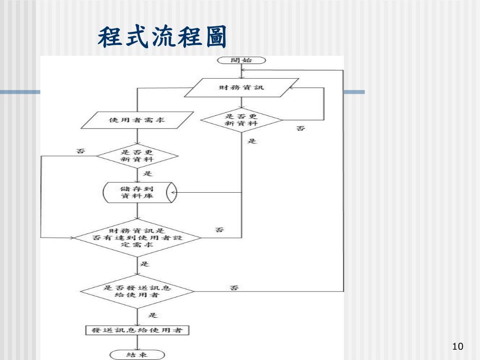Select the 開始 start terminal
[241, 60]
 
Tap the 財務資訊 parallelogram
[241, 88]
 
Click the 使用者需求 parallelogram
[137, 120]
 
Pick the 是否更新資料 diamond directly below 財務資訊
[241, 120]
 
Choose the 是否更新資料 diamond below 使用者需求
[137, 156]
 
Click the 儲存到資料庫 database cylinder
[139, 192]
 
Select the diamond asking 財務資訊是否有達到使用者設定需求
[137, 238]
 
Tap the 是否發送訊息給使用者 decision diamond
[137, 292]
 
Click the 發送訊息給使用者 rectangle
[137, 330]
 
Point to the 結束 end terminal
[137, 354]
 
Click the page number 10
[457, 346]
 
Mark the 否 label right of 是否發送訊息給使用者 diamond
[233, 287]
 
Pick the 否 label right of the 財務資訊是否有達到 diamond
[219, 230]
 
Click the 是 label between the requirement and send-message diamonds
[145, 264]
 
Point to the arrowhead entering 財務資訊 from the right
[292, 88]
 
